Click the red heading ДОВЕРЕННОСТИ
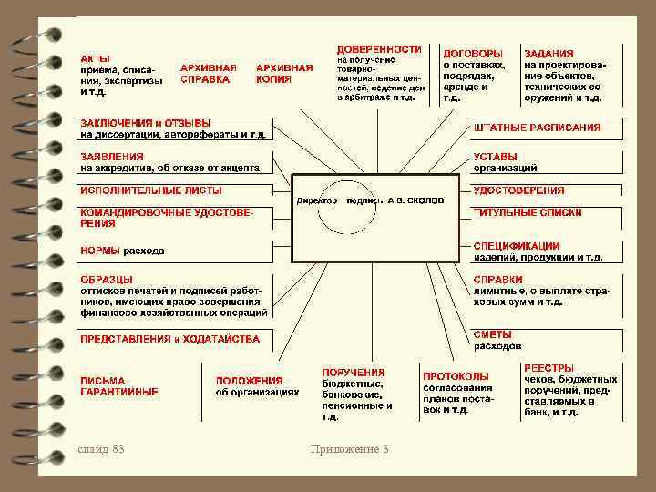[x=379, y=48]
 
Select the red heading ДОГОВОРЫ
[x=472, y=54]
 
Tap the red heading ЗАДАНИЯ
[x=548, y=54]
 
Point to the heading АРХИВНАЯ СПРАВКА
[x=209, y=73]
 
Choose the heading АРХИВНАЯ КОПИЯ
[x=285, y=73]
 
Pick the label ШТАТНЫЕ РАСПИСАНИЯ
[x=537, y=128]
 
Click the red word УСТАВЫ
[x=496, y=156]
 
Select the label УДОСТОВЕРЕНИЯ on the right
[x=518, y=190]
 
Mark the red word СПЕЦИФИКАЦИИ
[x=517, y=245]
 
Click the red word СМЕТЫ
[x=493, y=334]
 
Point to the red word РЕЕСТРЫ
[x=548, y=368]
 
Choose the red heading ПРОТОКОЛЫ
[x=456, y=375]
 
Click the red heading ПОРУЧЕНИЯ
[x=354, y=373]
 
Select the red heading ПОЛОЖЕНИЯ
[x=249, y=381]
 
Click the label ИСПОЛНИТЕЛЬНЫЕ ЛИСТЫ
[x=151, y=190]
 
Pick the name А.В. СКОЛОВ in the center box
[x=415, y=200]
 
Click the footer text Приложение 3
[x=349, y=448]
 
